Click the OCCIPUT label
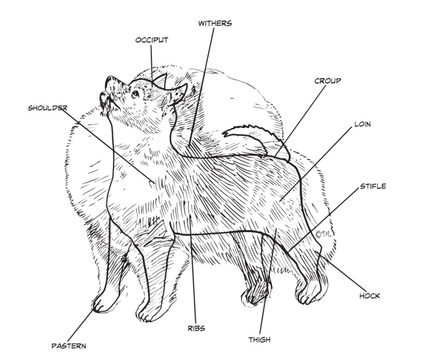(x=151, y=40)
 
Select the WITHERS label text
(x=215, y=24)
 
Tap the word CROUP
(x=328, y=81)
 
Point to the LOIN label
(x=362, y=125)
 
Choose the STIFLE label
(x=373, y=187)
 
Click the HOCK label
(x=369, y=296)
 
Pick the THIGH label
(x=259, y=340)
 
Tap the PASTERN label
(x=69, y=346)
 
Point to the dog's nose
(x=111, y=80)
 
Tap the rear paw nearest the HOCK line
(x=311, y=294)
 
